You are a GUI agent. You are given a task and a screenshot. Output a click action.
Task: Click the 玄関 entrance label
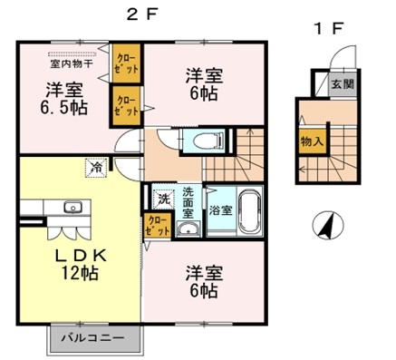coord(343,84)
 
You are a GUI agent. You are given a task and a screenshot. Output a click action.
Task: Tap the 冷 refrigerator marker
coord(96,166)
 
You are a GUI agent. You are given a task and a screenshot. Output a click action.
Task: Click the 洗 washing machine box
coord(164,198)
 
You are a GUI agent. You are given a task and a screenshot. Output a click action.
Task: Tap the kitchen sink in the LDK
coord(72,208)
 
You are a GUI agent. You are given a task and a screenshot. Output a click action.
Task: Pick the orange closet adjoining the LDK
coord(155,225)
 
